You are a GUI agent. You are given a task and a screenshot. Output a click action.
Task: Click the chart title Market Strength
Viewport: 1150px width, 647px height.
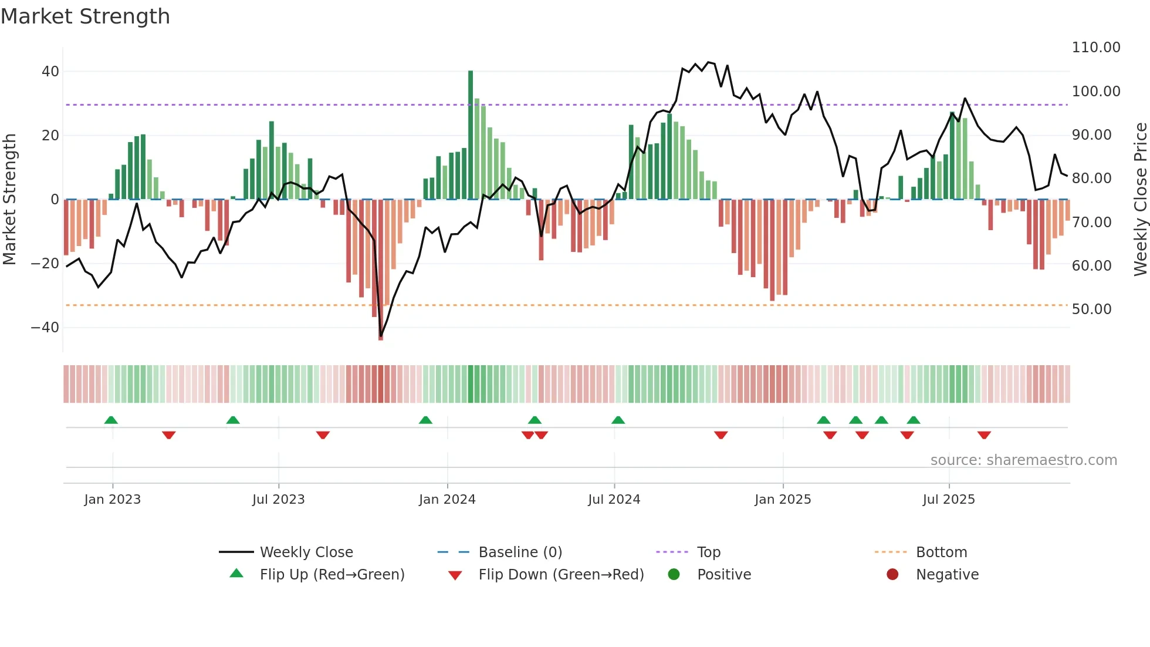point(85,16)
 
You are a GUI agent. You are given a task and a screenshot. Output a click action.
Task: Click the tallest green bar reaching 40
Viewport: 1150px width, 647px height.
point(471,135)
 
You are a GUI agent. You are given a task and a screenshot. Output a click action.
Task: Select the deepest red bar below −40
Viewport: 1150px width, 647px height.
point(381,270)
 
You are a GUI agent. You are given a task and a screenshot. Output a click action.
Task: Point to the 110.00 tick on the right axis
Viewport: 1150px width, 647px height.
point(1095,48)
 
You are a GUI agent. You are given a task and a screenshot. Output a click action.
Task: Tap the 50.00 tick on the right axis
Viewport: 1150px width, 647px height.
point(1091,309)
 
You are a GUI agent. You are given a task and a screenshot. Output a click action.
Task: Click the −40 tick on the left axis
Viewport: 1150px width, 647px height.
point(45,328)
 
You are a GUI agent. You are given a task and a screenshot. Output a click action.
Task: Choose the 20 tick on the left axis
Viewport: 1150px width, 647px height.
point(50,136)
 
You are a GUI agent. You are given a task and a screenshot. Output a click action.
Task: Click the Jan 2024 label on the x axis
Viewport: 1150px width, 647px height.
point(447,500)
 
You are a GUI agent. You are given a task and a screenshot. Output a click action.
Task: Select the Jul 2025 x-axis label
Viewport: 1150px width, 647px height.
point(949,500)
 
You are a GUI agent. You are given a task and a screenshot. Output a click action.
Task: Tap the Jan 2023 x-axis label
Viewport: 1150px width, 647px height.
point(113,500)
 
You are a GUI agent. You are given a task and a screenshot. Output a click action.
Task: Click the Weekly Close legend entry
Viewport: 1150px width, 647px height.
point(306,552)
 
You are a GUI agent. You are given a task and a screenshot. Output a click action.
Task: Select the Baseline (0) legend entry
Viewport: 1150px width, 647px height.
point(520,552)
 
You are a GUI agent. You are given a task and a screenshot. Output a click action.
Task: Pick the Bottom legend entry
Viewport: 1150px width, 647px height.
point(941,552)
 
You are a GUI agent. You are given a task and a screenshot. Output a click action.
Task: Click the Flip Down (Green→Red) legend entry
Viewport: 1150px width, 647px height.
point(561,575)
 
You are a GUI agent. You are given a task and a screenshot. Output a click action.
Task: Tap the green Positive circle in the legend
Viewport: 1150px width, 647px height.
point(674,575)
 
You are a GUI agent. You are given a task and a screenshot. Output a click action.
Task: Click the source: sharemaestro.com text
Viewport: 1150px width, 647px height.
point(1023,460)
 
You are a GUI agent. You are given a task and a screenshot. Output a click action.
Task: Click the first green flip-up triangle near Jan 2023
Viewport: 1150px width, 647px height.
point(111,420)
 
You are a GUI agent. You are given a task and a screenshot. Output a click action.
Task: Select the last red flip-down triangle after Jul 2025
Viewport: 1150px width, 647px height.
point(984,435)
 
